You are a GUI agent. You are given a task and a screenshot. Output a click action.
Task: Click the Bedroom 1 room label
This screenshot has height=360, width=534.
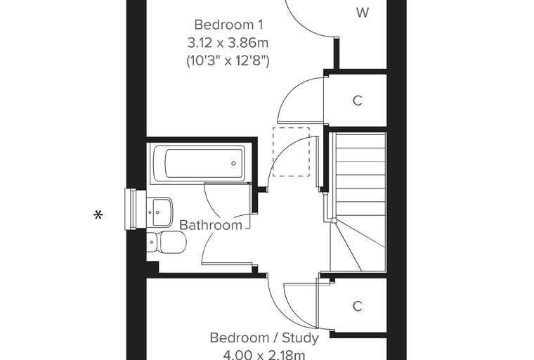[x=228, y=25]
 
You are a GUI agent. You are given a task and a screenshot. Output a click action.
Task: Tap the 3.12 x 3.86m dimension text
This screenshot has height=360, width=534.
[x=228, y=43]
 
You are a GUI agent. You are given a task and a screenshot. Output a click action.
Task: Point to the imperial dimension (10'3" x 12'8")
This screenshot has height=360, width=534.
[x=228, y=61]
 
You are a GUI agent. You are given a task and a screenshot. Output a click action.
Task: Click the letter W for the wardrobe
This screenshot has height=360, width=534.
[x=363, y=13]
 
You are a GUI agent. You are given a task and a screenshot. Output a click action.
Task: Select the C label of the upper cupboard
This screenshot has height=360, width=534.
[x=357, y=101]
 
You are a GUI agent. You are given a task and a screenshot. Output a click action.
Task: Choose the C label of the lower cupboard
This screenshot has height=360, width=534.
[x=357, y=307]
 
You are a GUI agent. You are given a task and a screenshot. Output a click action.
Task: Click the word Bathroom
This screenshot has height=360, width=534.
[x=211, y=225]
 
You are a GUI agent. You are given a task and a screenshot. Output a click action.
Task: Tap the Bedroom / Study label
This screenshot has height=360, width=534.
[x=264, y=337]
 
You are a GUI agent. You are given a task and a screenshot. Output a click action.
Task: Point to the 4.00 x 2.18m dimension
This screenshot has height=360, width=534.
[x=264, y=355]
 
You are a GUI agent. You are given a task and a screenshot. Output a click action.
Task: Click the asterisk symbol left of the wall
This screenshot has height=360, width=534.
[x=98, y=215]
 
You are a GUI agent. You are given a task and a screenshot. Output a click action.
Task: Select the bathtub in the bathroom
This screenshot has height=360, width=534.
[x=200, y=163]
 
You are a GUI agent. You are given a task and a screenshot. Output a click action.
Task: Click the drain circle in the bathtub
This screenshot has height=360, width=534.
[x=233, y=163]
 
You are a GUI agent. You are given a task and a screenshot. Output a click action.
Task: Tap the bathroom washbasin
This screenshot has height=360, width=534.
[x=161, y=212]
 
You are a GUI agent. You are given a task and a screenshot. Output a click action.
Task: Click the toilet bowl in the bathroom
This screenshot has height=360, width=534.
[x=173, y=242]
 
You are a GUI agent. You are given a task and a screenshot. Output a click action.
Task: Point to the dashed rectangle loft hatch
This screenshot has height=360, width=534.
[x=291, y=152]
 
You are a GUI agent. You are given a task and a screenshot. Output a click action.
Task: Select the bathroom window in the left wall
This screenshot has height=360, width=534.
[x=131, y=209]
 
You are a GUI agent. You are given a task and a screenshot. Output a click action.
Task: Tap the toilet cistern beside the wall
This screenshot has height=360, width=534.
[x=152, y=243]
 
